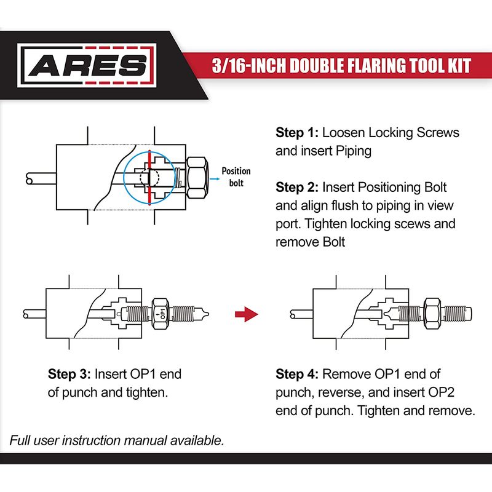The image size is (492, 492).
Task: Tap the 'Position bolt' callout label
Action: point(236,177)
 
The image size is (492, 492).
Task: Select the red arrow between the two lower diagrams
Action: point(247,315)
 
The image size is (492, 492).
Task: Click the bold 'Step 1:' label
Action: point(297,133)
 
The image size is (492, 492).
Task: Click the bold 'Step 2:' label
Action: point(297,187)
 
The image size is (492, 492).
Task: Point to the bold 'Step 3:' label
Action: point(69,374)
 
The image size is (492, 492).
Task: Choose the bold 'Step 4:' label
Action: point(297,374)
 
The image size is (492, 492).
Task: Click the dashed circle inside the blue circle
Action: point(148,177)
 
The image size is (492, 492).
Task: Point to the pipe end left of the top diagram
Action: point(30,178)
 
